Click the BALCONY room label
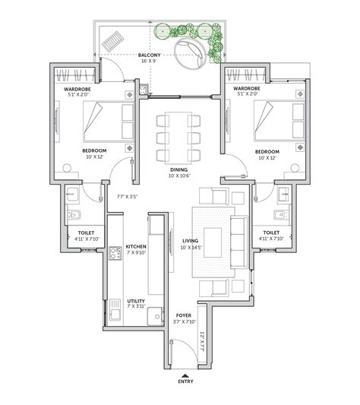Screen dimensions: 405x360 pyautogui.click(x=148, y=55)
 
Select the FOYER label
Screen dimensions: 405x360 pyautogui.click(x=184, y=314)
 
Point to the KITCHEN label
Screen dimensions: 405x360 pyautogui.click(x=136, y=247)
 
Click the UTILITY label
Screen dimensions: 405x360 pyautogui.click(x=136, y=301)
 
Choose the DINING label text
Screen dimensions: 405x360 pyautogui.click(x=180, y=170)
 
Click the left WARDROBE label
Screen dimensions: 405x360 pyautogui.click(x=77, y=89)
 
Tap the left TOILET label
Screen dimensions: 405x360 pyautogui.click(x=83, y=233)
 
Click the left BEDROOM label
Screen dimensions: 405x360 pyautogui.click(x=94, y=151)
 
